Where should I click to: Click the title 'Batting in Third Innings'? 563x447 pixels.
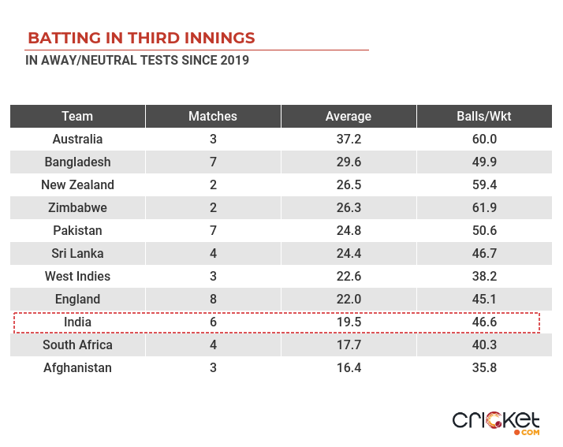[x=141, y=38]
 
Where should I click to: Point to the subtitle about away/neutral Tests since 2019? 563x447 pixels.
[x=137, y=61]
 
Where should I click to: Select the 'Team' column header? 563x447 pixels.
[x=77, y=116]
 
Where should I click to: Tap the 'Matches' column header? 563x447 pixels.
[x=213, y=116]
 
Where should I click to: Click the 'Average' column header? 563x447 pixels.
[x=349, y=116]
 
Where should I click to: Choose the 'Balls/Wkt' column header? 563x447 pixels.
[x=484, y=116]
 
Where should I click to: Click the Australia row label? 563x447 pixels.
[x=77, y=140]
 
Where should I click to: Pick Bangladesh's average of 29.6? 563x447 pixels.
[x=349, y=162]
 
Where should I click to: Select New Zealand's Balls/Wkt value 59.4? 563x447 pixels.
[x=484, y=185]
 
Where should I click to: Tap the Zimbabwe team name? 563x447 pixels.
[x=77, y=208]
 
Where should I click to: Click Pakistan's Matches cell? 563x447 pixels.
[x=213, y=231]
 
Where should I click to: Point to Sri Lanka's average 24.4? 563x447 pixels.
[x=349, y=254]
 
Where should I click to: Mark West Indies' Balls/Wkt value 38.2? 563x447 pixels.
[x=484, y=277]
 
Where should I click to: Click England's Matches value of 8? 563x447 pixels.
[x=213, y=300]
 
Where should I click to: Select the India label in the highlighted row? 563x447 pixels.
[x=77, y=322]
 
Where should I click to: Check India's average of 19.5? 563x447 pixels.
[x=349, y=322]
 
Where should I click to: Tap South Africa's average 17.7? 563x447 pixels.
[x=349, y=345]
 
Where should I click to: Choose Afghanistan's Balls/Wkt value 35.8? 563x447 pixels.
[x=484, y=368]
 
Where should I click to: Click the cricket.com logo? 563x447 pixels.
[x=496, y=421]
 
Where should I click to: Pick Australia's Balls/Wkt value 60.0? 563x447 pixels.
[x=484, y=140]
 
